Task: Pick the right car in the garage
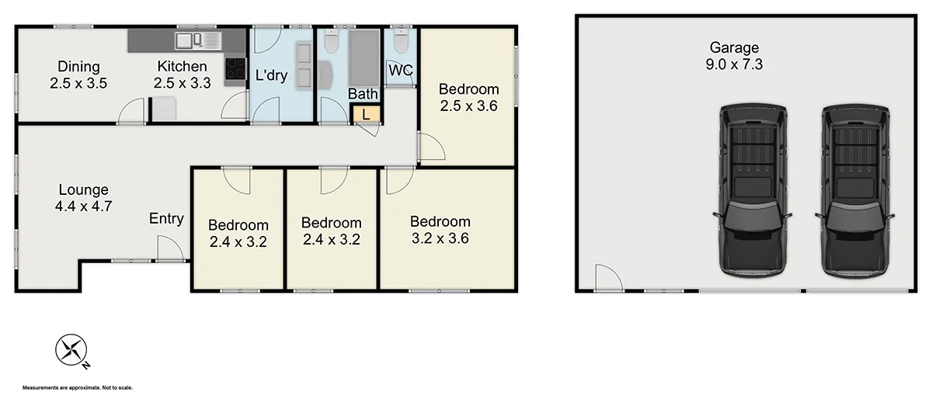(854, 191)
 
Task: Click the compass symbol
(71, 350)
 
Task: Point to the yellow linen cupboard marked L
(366, 114)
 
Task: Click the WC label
(401, 70)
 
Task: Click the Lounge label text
(83, 189)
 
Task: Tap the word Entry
(166, 219)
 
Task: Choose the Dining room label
(78, 66)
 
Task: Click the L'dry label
(271, 75)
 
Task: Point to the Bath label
(363, 94)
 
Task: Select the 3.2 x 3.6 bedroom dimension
(440, 238)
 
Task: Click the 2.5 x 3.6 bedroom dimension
(468, 106)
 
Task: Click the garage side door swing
(607, 277)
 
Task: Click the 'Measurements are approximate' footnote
(78, 387)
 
